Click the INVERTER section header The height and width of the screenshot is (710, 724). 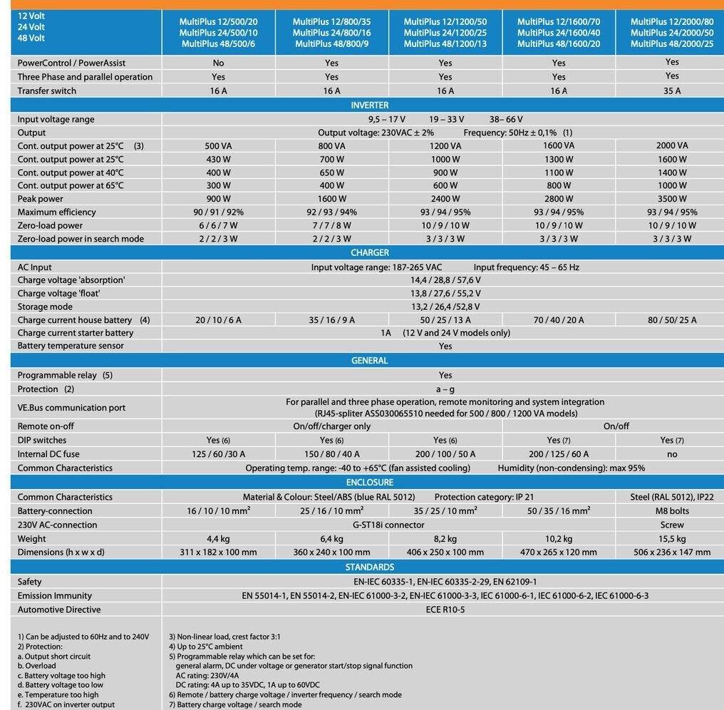pos(370,106)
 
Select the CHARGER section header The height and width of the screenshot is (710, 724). pos(370,252)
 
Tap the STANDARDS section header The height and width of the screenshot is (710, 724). pos(370,567)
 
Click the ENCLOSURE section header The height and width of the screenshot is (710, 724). pos(370,483)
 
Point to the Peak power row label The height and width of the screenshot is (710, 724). pos(41,199)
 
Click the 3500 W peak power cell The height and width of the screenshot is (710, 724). pos(672,199)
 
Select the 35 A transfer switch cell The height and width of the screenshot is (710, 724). pos(672,91)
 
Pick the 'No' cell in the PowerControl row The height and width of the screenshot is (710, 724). pos(218,63)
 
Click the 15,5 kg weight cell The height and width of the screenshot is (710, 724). pos(672,539)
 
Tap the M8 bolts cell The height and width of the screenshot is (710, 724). pos(672,511)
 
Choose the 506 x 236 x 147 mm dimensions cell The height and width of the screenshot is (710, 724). pos(672,552)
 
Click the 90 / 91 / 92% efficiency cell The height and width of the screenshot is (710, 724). pos(218,212)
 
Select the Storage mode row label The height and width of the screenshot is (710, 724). pos(45,307)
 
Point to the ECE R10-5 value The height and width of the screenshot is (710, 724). pos(445,609)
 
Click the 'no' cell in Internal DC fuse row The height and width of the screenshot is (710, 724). pos(672,454)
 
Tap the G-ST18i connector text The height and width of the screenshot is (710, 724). pos(388,525)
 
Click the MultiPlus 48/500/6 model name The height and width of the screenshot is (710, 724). pos(218,44)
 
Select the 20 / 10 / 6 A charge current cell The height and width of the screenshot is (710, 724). pos(218,320)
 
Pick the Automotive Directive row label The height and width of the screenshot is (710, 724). pos(59,609)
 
